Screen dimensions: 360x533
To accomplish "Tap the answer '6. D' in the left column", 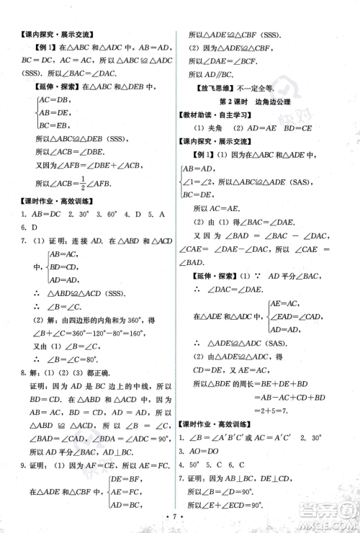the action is coord(29,227).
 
